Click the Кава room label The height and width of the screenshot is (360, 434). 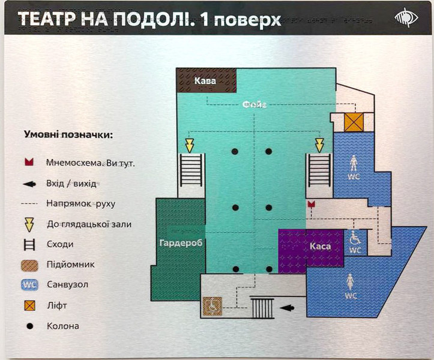click(x=205, y=81)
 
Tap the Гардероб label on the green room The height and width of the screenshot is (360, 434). click(x=181, y=243)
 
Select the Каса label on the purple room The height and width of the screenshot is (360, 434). click(x=320, y=246)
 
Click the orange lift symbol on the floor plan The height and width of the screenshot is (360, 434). click(x=354, y=122)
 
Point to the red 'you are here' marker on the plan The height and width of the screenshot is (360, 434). click(x=312, y=204)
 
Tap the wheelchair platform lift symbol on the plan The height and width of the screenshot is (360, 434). click(x=212, y=306)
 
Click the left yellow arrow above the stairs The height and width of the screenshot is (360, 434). click(x=190, y=146)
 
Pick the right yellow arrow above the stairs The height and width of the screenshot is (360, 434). click(x=319, y=146)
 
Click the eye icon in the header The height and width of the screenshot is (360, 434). click(x=406, y=17)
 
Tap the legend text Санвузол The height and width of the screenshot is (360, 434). click(x=68, y=284)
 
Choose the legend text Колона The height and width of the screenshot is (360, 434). click(x=63, y=326)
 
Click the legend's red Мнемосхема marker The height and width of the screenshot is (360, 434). click(x=29, y=162)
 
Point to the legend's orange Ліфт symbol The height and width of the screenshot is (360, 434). click(x=29, y=305)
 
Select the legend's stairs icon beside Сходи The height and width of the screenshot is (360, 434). click(x=29, y=245)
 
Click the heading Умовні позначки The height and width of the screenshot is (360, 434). click(x=68, y=135)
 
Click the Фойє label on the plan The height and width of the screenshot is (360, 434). click(x=255, y=104)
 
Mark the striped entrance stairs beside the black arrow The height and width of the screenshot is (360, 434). click(x=262, y=308)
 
